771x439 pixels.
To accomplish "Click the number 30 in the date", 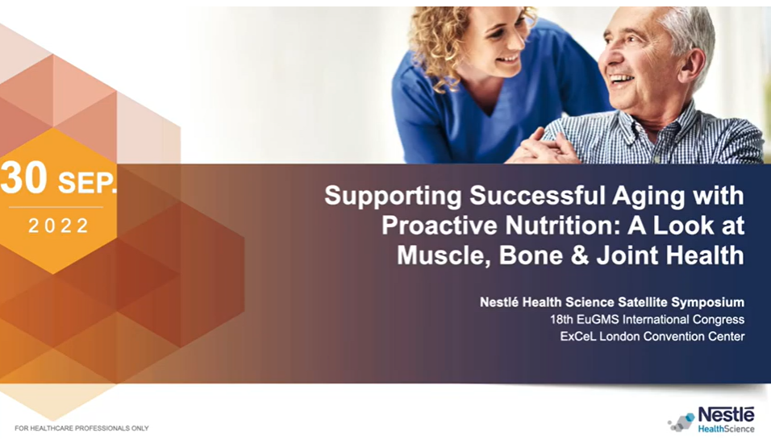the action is pos(23,178).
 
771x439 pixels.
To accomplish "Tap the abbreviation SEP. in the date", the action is pos(88,183).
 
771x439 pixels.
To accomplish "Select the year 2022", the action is pos(59,226).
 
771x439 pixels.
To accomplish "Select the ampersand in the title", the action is pos(580,256).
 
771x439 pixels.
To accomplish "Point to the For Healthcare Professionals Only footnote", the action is pos(81,429).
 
